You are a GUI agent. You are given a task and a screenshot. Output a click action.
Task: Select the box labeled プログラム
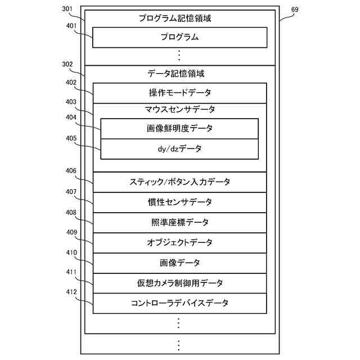pyautogui.click(x=179, y=38)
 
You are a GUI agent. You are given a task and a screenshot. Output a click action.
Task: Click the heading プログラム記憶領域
pyautogui.click(x=179, y=19)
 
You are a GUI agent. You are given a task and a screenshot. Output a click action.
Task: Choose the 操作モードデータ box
pyautogui.click(x=179, y=93)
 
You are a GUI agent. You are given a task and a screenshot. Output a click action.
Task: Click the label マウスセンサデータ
pyautogui.click(x=179, y=109)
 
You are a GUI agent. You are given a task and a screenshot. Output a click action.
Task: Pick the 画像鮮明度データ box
pyautogui.click(x=179, y=128)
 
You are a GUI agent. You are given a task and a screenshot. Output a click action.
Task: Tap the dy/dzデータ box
pyautogui.click(x=179, y=149)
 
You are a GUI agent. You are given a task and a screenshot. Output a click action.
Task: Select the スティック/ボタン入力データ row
pyautogui.click(x=179, y=182)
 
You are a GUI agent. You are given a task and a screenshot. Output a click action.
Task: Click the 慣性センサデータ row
pyautogui.click(x=179, y=202)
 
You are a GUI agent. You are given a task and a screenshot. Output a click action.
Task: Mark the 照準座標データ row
pyautogui.click(x=179, y=222)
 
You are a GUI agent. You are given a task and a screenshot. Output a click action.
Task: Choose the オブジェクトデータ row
pyautogui.click(x=179, y=242)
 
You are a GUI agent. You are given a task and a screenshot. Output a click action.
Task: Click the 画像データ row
pyautogui.click(x=179, y=263)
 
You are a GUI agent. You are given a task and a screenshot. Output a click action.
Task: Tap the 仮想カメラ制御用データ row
pyautogui.click(x=179, y=283)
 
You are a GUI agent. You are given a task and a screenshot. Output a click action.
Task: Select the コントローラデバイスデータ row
pyautogui.click(x=179, y=303)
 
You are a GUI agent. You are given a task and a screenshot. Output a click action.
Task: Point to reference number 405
pyautogui.click(x=71, y=138)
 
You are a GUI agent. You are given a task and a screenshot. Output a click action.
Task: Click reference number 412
pyautogui.click(x=71, y=292)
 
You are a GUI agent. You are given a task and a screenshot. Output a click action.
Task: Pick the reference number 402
pyautogui.click(x=71, y=82)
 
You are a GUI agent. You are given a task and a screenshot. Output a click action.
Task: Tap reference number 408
pyautogui.click(x=71, y=213)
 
